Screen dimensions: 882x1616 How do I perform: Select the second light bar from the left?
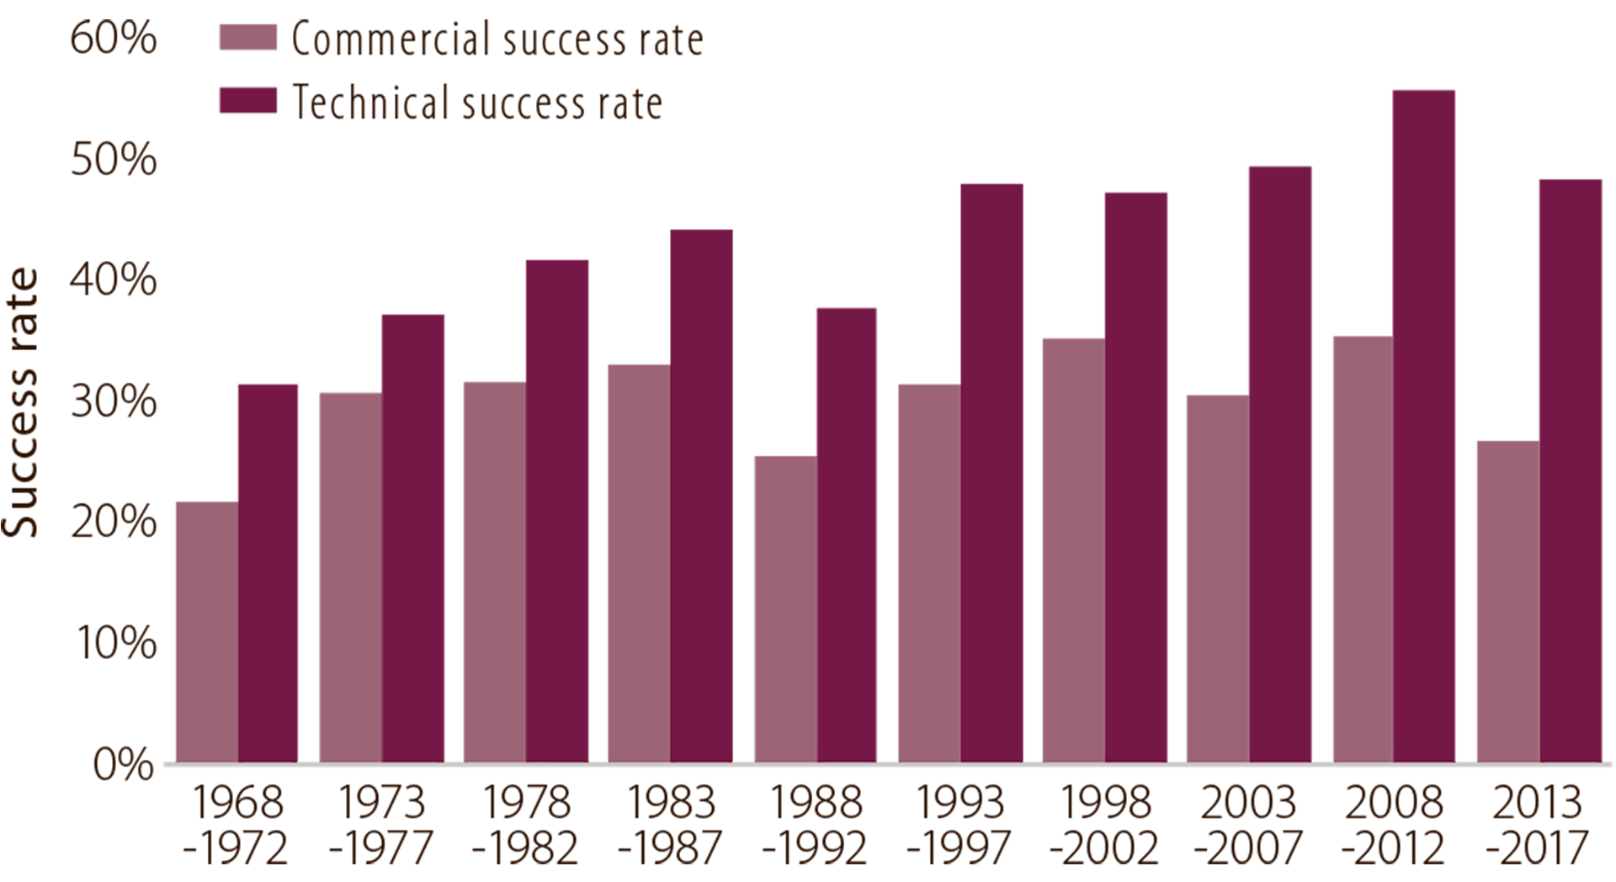[345, 572]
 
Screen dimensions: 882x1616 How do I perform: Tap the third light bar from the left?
[490, 572]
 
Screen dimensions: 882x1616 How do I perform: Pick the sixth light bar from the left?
[924, 572]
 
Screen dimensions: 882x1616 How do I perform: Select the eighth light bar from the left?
[1213, 572]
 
